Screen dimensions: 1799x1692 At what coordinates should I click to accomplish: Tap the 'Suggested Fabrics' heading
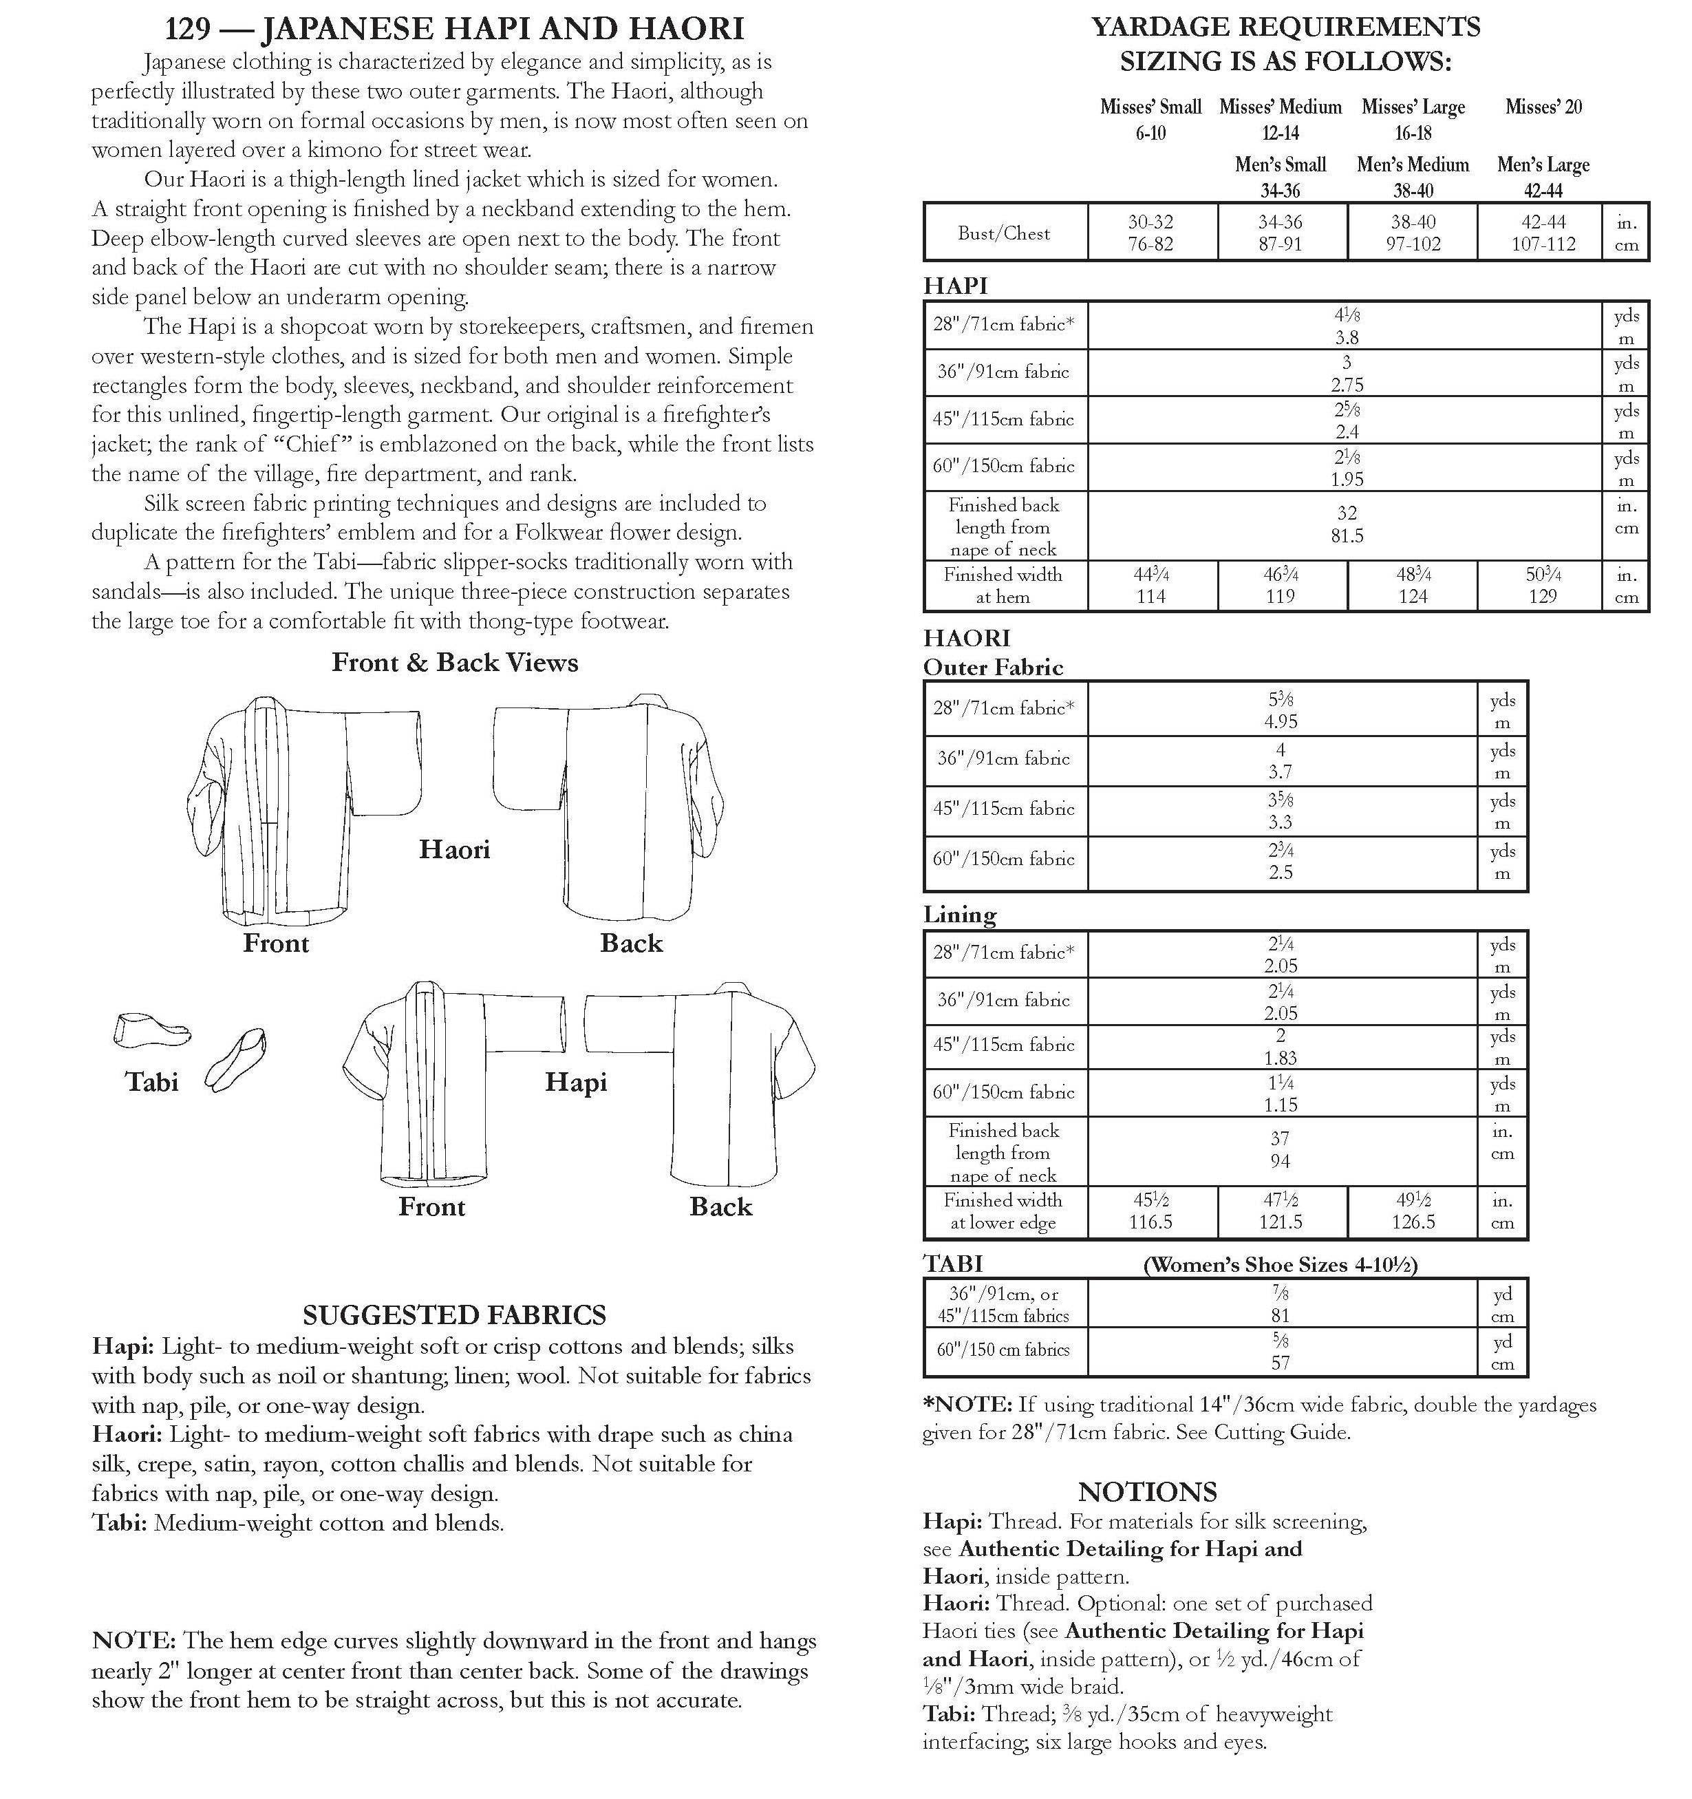pos(454,1315)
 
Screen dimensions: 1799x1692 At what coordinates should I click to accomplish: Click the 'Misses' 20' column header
pos(1543,107)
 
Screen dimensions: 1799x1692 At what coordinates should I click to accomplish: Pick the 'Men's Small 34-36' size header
pos(1281,176)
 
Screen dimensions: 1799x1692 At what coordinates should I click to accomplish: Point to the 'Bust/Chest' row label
pos(1003,233)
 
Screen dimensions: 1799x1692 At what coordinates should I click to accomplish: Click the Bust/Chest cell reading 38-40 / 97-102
pos(1413,233)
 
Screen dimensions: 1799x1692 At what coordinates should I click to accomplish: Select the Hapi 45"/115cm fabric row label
pos(1003,419)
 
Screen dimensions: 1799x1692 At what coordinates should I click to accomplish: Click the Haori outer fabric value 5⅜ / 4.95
pos(1281,710)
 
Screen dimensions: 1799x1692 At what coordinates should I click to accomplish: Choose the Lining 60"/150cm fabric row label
pos(1003,1092)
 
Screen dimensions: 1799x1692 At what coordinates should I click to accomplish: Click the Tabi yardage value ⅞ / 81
pos(1281,1304)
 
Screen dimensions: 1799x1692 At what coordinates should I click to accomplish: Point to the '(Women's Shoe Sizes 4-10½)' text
pos(1281,1264)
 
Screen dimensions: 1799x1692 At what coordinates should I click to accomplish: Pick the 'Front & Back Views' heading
pos(454,662)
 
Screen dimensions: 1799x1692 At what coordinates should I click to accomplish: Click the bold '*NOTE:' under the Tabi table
pos(966,1405)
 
